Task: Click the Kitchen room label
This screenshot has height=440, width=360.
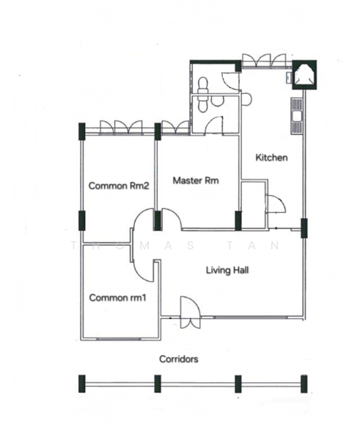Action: point(271,158)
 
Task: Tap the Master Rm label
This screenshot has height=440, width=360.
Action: point(196,180)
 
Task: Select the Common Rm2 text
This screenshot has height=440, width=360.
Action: point(119,186)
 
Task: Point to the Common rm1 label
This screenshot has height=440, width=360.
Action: point(117,298)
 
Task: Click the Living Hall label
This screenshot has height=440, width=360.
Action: point(227,270)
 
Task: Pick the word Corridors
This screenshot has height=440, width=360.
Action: point(179,359)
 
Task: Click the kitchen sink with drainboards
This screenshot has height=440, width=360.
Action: point(296,115)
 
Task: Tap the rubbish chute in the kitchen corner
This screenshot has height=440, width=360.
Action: point(304,75)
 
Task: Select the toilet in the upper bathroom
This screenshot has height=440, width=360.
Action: point(202,84)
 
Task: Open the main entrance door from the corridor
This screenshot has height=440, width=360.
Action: point(190,312)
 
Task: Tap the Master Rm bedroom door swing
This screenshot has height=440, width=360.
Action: point(171,219)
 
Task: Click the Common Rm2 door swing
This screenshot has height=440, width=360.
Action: point(143,219)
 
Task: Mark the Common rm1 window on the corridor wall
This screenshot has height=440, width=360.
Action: point(118,339)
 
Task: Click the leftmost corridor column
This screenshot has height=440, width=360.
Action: point(82,384)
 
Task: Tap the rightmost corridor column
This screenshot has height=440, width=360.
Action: point(304,384)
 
